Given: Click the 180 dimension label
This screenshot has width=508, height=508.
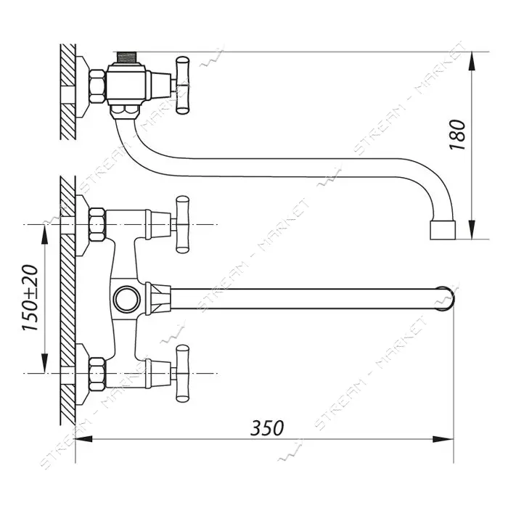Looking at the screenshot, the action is pos(457,134).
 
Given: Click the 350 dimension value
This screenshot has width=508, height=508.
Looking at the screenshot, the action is pos(267,428).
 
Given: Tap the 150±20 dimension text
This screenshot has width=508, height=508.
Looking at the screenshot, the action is pos(30,298).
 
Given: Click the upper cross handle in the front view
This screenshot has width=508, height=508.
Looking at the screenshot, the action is pos(182,224).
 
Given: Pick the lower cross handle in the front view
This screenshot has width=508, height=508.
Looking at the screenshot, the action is pos(182,374).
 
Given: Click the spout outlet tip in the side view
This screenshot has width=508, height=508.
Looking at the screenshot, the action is pos(443,230).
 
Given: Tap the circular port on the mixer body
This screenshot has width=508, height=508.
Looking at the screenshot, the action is pos(127,299).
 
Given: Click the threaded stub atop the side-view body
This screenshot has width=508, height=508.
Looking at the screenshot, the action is pos(126,57).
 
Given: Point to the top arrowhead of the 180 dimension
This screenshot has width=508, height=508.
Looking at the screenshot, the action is pos(472,61).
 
